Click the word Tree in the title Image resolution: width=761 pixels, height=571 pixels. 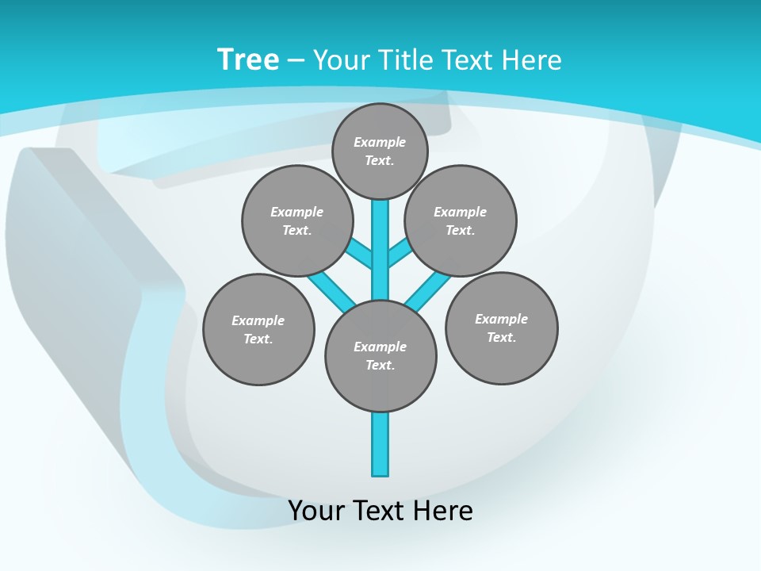pyautogui.click(x=248, y=60)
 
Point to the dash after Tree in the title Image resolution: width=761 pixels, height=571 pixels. pyautogui.click(x=296, y=60)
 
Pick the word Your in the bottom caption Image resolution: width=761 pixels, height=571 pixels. pyautogui.click(x=316, y=511)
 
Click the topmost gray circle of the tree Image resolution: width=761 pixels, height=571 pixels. pyautogui.click(x=380, y=151)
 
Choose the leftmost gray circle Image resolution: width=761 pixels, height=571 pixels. pyautogui.click(x=258, y=329)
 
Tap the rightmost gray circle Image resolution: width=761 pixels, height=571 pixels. pyautogui.click(x=501, y=328)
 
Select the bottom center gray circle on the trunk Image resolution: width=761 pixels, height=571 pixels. pyautogui.click(x=380, y=356)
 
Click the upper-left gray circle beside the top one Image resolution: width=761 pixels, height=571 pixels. pyautogui.click(x=297, y=220)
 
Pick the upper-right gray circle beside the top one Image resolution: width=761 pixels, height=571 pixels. pyautogui.click(x=460, y=220)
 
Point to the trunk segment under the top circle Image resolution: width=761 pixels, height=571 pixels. pyautogui.click(x=380, y=238)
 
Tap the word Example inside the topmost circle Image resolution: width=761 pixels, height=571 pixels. pyautogui.click(x=380, y=142)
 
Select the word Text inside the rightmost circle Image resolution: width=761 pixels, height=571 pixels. pyautogui.click(x=501, y=337)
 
